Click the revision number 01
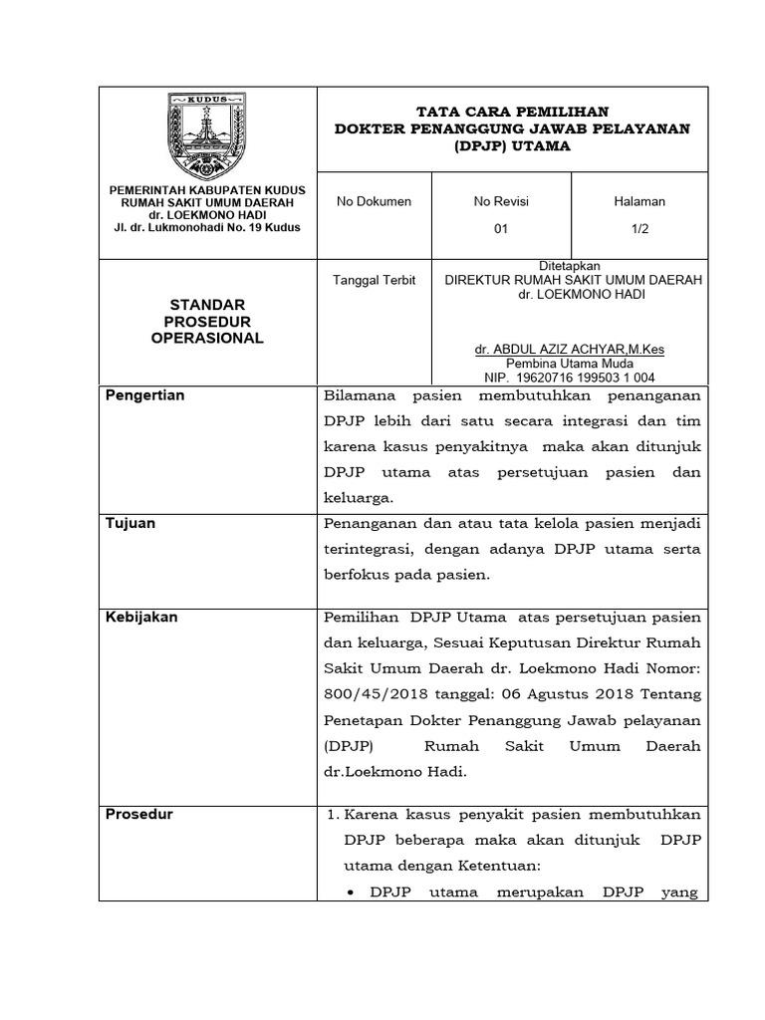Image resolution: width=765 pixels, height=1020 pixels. (x=501, y=229)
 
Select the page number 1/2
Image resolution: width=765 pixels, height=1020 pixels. (x=639, y=229)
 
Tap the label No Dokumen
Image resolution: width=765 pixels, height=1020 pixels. (x=374, y=201)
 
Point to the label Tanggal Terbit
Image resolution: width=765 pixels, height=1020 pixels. (x=376, y=280)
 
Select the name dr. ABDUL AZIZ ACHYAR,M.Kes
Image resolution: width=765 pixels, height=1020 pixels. (x=571, y=350)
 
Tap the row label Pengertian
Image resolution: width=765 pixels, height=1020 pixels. (x=145, y=395)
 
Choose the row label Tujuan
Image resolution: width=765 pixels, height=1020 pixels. (x=130, y=523)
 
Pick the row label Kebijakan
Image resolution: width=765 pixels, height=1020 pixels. (x=141, y=617)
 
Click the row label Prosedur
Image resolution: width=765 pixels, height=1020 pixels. (x=139, y=814)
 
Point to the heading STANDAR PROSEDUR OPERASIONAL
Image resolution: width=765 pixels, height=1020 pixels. (x=207, y=321)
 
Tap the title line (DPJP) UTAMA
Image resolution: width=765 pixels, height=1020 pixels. (x=512, y=146)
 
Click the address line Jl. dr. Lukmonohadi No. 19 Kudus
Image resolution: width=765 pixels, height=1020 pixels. (x=207, y=227)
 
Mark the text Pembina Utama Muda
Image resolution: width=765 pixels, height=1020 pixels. (x=571, y=364)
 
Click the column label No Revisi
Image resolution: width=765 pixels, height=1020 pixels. (x=501, y=201)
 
